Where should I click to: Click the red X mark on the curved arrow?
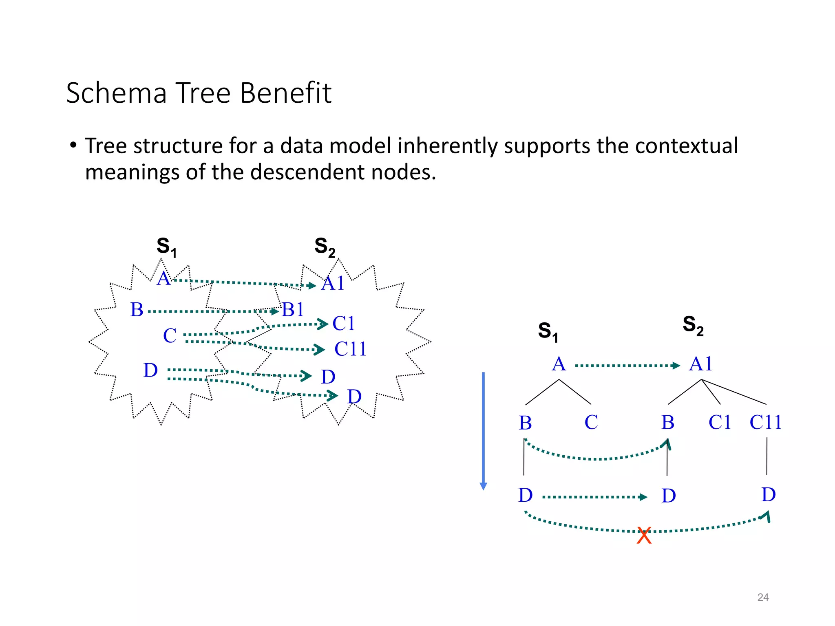point(644,536)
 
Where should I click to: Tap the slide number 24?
point(763,597)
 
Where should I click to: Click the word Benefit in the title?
point(285,93)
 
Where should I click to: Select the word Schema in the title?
point(116,93)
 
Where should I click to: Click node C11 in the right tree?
point(765,422)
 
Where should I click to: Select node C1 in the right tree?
point(720,422)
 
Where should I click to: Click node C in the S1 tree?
point(591,422)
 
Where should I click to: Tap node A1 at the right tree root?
point(700,364)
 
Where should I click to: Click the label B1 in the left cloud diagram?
point(293,310)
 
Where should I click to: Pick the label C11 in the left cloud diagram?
point(350,349)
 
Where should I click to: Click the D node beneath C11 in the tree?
point(769,495)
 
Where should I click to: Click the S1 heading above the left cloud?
point(166,247)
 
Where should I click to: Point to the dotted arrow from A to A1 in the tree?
point(627,366)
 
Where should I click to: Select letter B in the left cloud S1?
point(137,310)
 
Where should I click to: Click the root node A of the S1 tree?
point(559,364)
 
